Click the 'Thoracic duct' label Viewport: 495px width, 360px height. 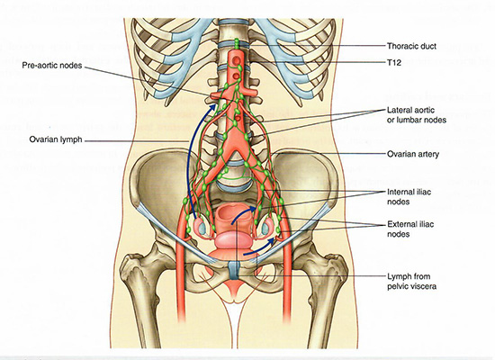coord(411,46)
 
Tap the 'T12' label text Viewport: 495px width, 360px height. coord(394,63)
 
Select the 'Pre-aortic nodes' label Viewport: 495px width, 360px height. coord(52,66)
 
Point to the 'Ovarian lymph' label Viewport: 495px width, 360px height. coord(56,139)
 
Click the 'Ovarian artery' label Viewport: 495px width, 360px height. coord(413,155)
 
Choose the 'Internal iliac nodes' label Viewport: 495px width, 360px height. coord(409,197)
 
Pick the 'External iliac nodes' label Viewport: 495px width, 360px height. coord(410,229)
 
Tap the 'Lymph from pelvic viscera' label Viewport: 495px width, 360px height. coord(411,282)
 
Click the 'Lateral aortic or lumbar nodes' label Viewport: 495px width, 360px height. coord(417,115)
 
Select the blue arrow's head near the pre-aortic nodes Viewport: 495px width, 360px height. coord(212,109)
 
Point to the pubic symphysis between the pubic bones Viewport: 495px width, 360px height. coord(234,270)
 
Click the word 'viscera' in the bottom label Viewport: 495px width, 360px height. coord(424,286)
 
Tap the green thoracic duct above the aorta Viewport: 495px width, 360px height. coord(237,44)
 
